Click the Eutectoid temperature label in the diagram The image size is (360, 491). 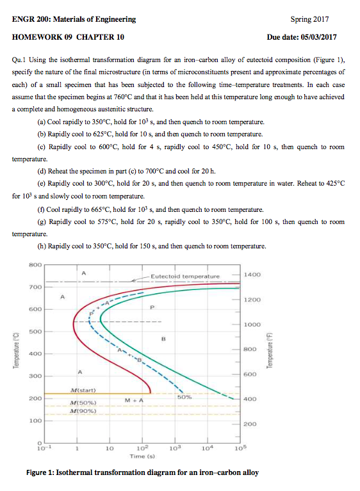pyautogui.click(x=185, y=277)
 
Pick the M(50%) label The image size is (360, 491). pyautogui.click(x=83, y=403)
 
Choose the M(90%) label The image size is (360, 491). pyautogui.click(x=83, y=411)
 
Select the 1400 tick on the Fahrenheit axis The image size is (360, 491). pyautogui.click(x=252, y=274)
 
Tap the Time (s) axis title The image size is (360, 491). pyautogui.click(x=138, y=457)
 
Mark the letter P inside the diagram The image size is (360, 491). pyautogui.click(x=152, y=307)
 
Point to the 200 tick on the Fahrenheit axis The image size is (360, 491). pyautogui.click(x=250, y=424)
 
